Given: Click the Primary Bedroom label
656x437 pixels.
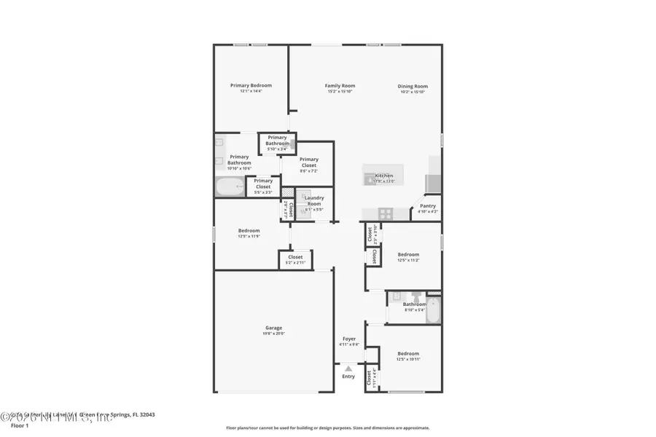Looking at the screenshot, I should point(250,85).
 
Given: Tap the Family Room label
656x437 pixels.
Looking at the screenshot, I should point(340,86).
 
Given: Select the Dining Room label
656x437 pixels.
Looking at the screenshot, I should point(413,86).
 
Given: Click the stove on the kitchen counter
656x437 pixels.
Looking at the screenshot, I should point(386,214).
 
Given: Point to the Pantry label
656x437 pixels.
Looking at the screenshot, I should point(428,206).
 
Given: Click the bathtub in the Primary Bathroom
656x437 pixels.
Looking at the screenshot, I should point(230,187).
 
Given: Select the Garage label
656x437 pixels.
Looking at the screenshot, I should point(273,328).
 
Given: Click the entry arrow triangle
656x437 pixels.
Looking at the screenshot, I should point(348,369).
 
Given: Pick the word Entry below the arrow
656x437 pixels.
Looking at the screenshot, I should point(348,377).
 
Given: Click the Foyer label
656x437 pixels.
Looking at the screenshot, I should point(349,339).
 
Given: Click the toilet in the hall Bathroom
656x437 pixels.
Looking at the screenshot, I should point(415,297).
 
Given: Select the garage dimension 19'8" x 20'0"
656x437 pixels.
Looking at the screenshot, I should point(273,334).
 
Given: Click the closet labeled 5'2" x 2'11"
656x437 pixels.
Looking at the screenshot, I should point(295,259).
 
